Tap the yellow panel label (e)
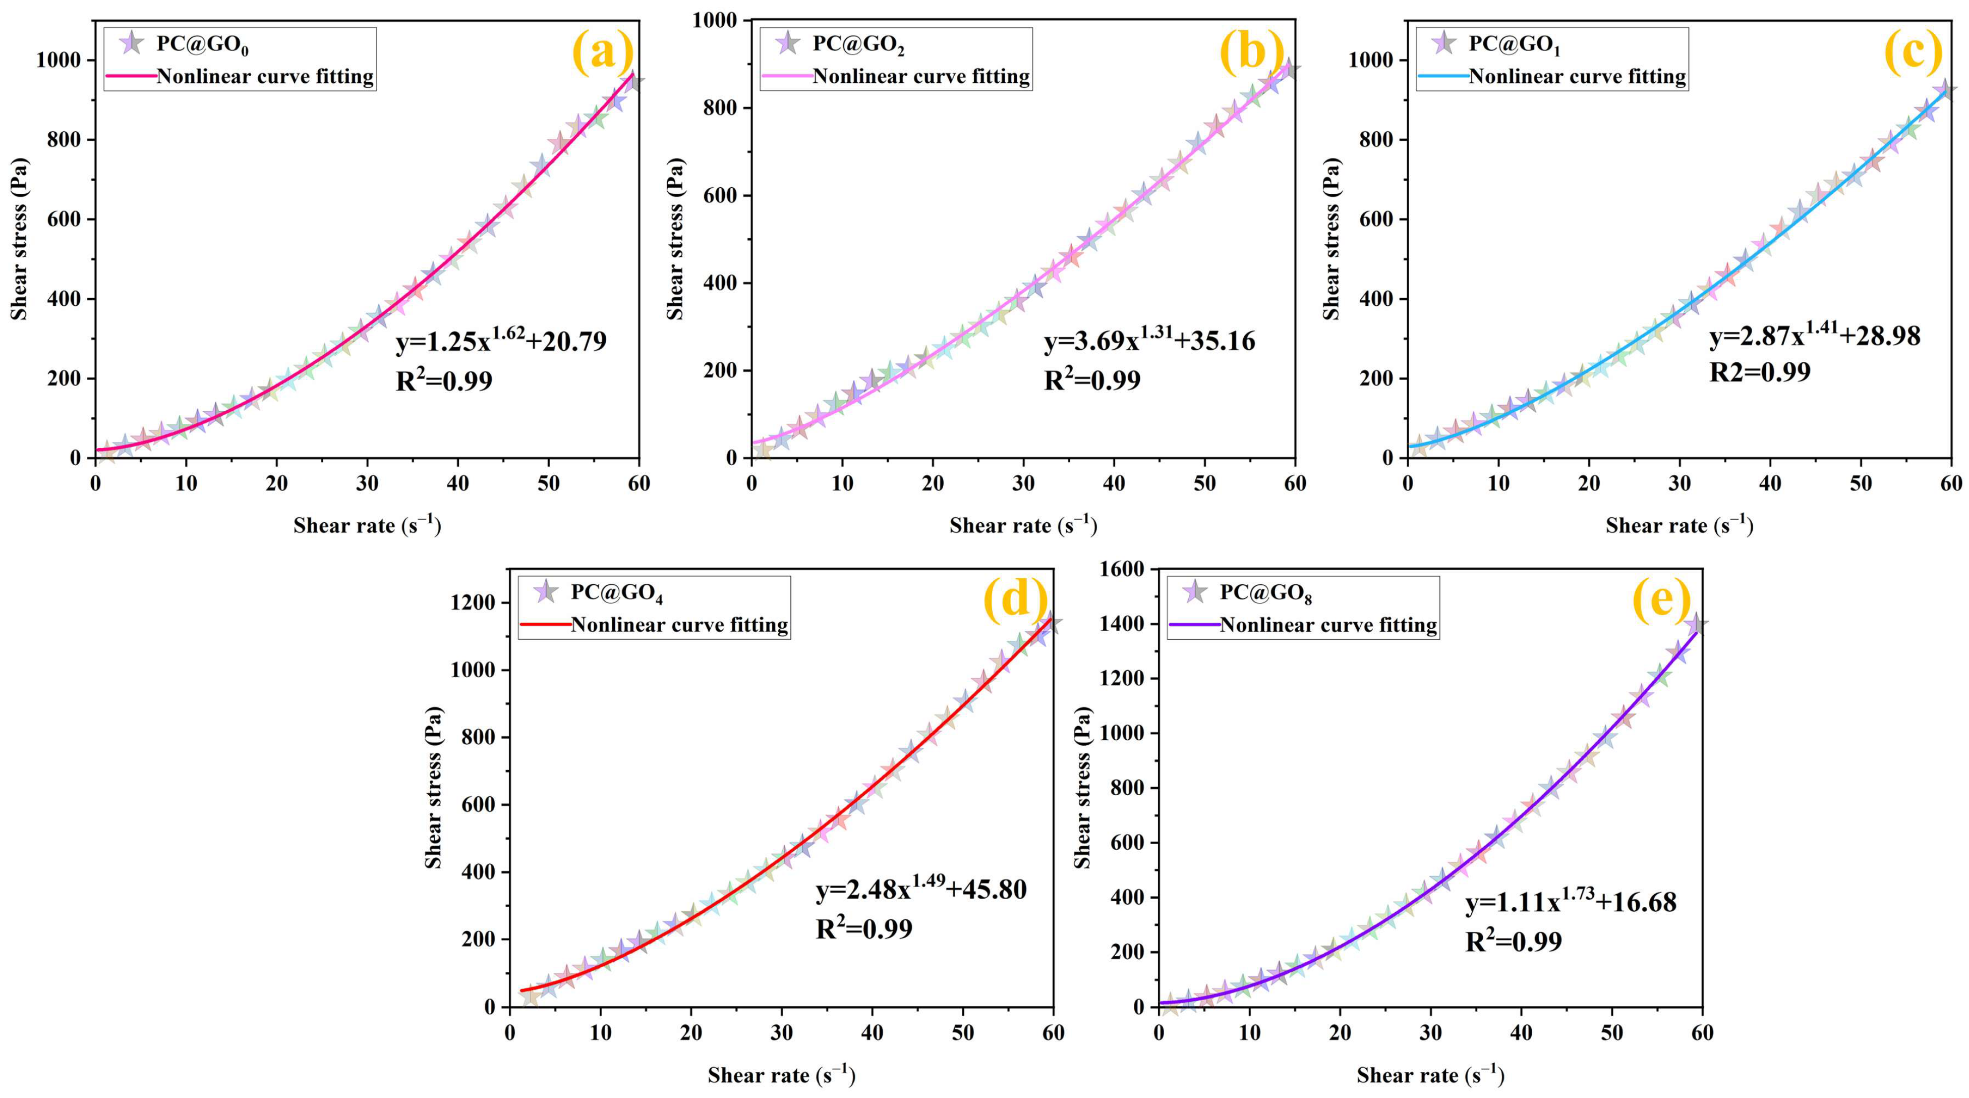pyautogui.click(x=1661, y=600)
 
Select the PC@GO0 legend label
pyautogui.click(x=203, y=44)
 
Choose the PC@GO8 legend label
pyautogui.click(x=1265, y=593)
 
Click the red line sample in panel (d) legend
pyautogui.click(x=545, y=625)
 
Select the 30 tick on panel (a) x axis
pyautogui.click(x=367, y=483)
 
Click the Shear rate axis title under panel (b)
pyautogui.click(x=1023, y=525)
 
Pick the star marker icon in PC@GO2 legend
pyautogui.click(x=786, y=43)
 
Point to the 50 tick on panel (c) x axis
pyautogui.click(x=1861, y=483)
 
